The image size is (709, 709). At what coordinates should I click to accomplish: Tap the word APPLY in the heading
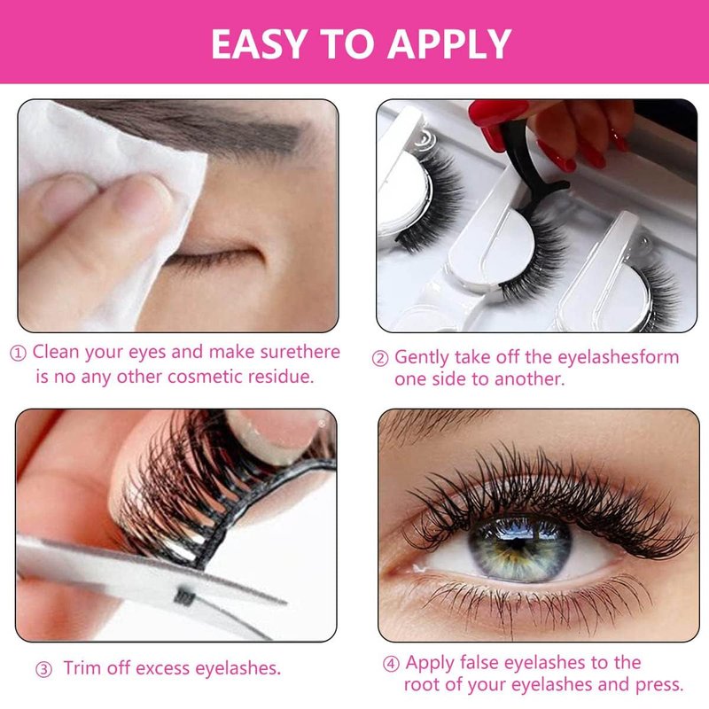449,43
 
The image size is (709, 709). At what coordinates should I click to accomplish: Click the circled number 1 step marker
18,354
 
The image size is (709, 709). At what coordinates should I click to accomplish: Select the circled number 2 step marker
380,359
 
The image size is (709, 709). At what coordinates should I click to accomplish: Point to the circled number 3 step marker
43,670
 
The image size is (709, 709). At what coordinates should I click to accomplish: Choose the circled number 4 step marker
391,664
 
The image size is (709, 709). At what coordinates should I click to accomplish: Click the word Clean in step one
56,352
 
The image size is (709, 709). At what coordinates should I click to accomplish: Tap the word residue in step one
280,377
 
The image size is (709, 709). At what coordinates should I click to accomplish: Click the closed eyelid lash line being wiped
213,258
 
